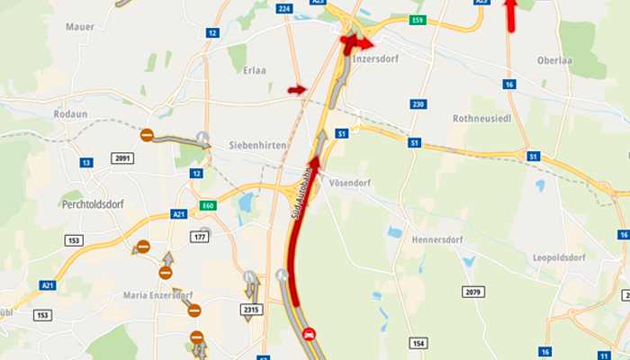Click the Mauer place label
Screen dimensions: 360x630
[80, 27]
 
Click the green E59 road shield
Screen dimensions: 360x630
[417, 21]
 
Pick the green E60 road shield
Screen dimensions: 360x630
[209, 206]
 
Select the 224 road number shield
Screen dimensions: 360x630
[285, 8]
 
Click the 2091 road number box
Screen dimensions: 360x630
[122, 158]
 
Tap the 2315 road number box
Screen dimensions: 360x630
[252, 310]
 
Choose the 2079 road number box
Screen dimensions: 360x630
[475, 292]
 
